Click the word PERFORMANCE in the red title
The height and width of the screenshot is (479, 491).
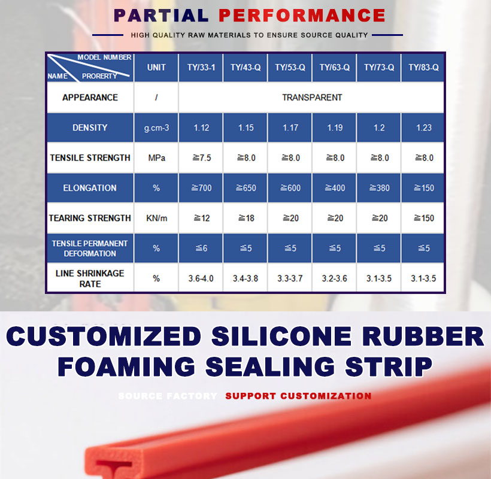302,16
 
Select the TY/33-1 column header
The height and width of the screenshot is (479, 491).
201,67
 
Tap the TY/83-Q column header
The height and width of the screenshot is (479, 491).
423,67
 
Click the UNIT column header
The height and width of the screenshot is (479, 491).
156,67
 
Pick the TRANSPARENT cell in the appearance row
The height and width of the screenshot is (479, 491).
312,98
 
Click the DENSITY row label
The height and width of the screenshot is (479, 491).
90,128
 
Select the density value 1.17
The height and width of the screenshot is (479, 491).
290,128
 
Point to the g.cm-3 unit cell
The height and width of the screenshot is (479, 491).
156,128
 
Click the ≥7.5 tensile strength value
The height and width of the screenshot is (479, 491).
202,157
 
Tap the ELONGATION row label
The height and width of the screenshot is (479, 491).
90,188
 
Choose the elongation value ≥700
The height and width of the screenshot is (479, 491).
202,188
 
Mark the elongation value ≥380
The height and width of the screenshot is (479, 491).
380,188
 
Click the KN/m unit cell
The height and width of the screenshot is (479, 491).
156,218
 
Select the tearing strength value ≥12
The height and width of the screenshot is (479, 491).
202,218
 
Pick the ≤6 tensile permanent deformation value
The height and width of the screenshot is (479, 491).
202,248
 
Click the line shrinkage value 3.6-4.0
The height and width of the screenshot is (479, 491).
201,278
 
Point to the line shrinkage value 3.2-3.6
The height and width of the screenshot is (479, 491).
335,278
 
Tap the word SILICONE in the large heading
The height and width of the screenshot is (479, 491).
281,336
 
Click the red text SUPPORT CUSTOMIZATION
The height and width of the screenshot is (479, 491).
298,396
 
